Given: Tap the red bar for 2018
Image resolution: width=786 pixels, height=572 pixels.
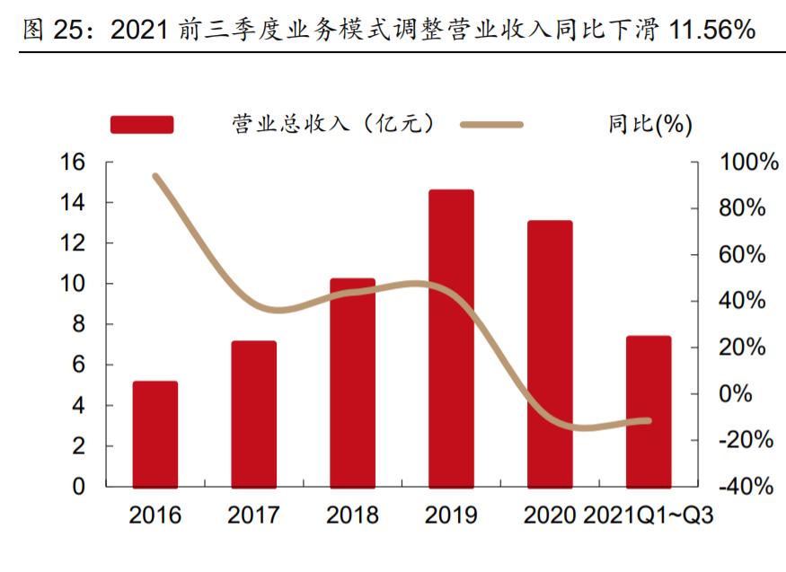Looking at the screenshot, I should pyautogui.click(x=352, y=382).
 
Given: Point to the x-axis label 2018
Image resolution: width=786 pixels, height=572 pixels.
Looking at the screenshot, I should pyautogui.click(x=352, y=515).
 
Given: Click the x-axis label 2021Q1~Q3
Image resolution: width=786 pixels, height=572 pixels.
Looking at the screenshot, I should pyautogui.click(x=648, y=515).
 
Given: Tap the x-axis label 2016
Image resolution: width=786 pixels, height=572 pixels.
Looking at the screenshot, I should pyautogui.click(x=155, y=515).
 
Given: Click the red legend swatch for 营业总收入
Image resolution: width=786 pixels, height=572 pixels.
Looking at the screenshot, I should pyautogui.click(x=141, y=125).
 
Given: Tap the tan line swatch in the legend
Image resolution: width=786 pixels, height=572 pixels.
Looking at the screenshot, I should pyautogui.click(x=491, y=125).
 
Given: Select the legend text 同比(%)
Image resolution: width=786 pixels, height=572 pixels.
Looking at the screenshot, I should pyautogui.click(x=649, y=125).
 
